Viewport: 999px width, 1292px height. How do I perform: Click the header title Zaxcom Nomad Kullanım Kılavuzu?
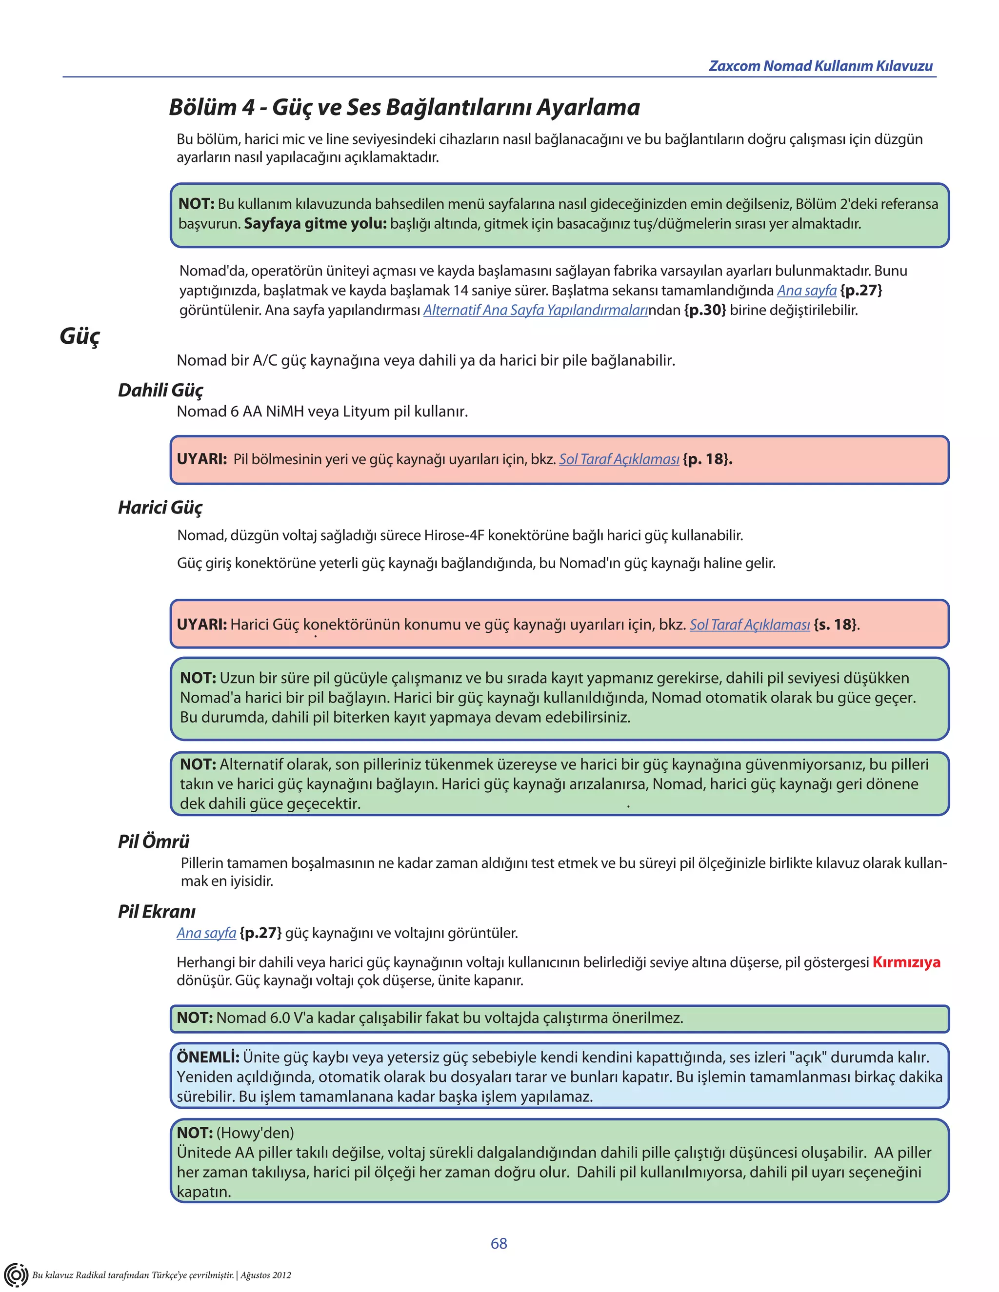(820, 66)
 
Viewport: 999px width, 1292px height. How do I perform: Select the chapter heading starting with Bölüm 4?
(404, 107)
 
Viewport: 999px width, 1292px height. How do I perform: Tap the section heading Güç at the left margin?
(80, 336)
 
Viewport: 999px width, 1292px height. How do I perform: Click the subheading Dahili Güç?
(160, 390)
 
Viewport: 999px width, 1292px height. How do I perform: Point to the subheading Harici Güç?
(160, 507)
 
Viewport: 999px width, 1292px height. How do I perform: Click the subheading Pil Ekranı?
(156, 911)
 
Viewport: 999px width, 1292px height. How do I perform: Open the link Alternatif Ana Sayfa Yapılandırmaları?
(535, 310)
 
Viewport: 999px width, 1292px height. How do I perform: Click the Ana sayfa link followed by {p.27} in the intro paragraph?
(806, 291)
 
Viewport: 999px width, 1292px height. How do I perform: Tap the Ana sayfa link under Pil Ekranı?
(206, 933)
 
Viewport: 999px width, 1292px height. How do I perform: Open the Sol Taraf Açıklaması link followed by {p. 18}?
(619, 459)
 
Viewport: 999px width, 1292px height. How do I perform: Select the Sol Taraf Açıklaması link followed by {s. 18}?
(749, 625)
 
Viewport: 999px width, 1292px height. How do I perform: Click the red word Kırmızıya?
(906, 962)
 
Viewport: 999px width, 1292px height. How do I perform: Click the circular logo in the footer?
(16, 1274)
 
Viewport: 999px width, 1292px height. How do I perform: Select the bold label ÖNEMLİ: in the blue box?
(208, 1057)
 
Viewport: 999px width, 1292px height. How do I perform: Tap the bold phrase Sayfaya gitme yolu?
(315, 224)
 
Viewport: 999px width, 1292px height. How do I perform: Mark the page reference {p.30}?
(705, 310)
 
